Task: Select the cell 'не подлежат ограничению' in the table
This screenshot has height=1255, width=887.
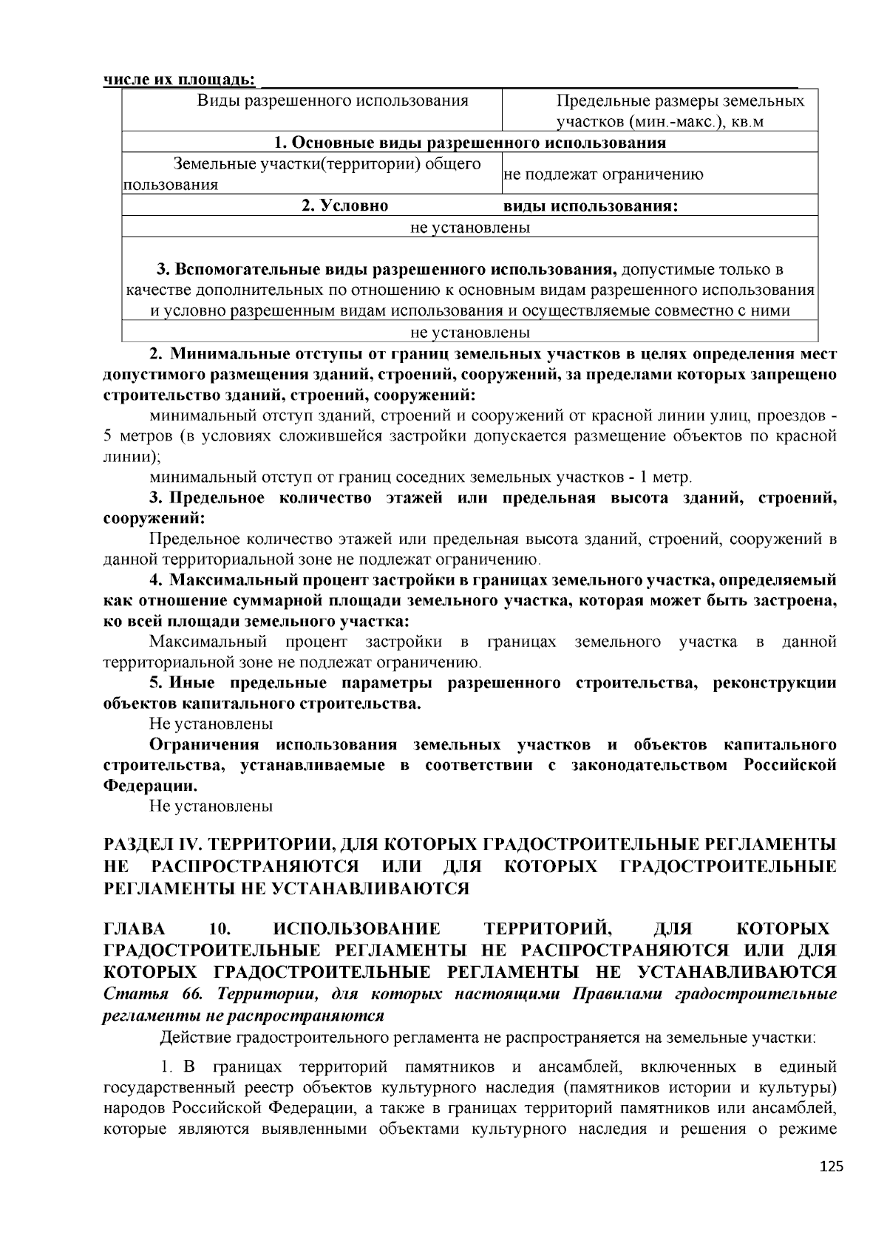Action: coord(603,175)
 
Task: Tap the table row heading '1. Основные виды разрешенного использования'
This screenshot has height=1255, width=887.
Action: coord(469,143)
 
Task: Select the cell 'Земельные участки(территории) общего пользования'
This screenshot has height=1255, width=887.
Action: coord(310,174)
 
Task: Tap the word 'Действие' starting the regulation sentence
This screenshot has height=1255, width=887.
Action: coord(195,1038)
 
